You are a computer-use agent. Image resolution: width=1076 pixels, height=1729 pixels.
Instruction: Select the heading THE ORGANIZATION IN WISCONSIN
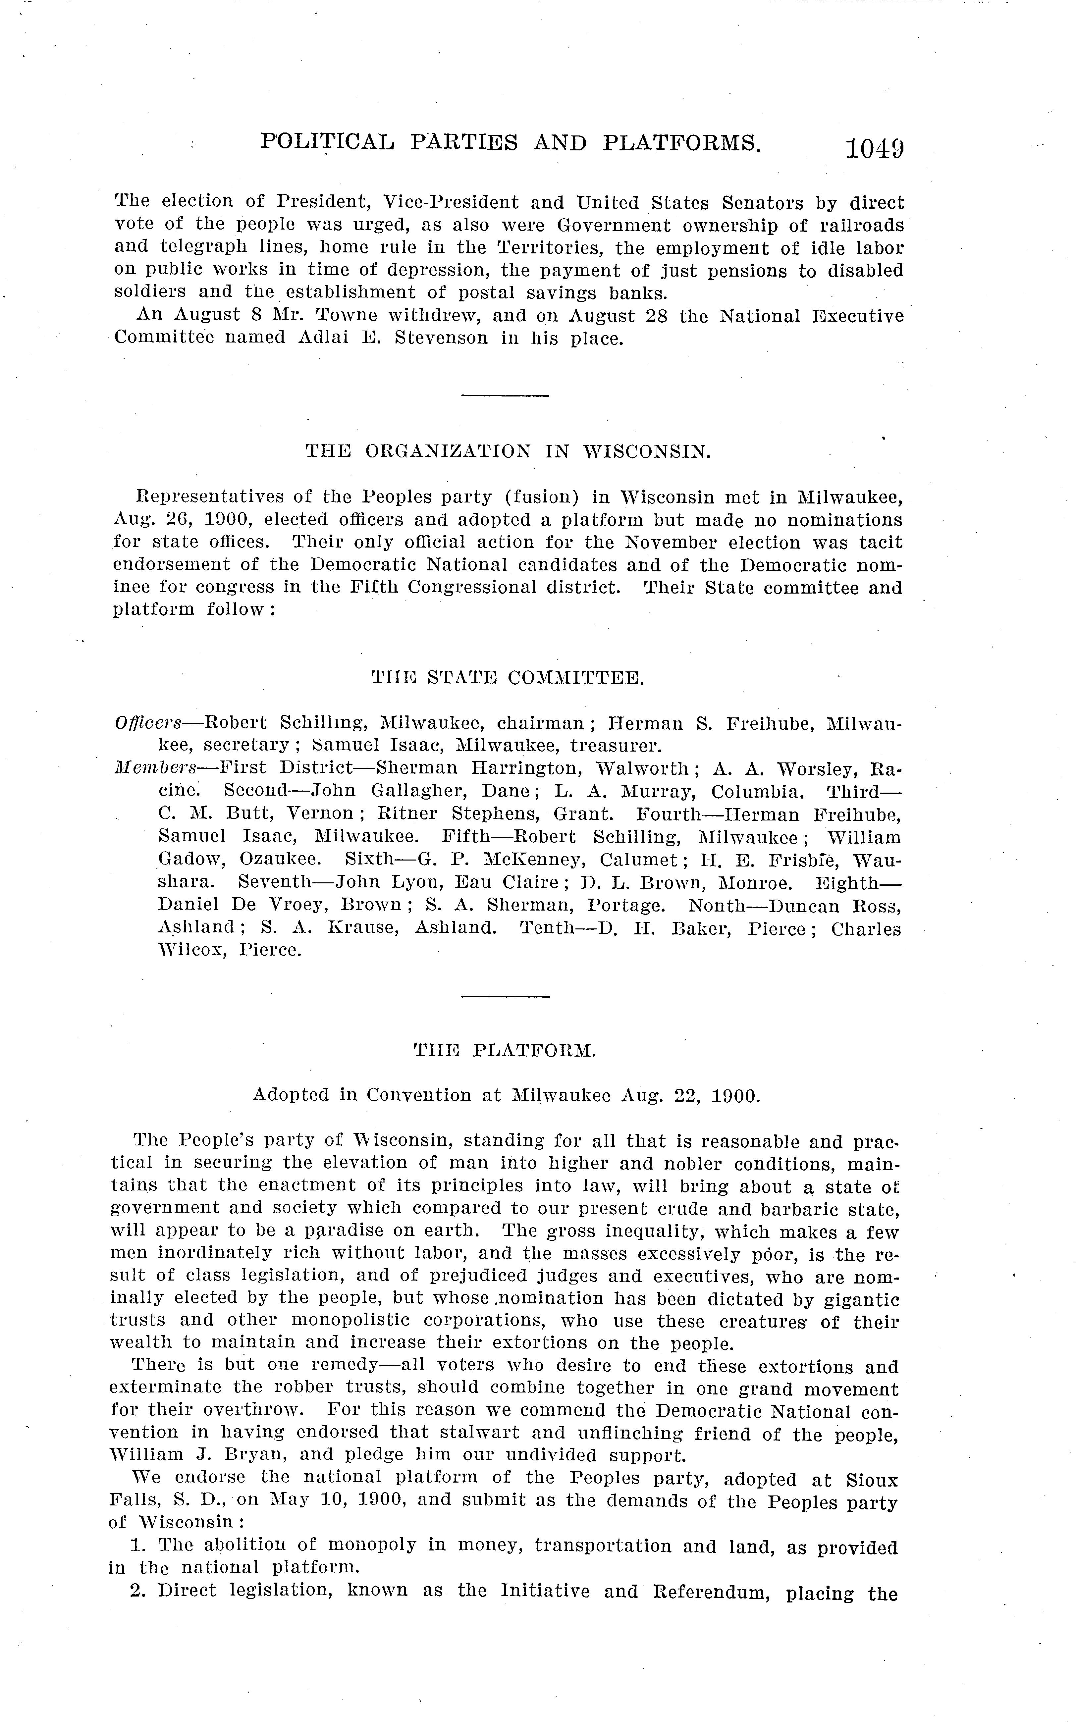tap(508, 451)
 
